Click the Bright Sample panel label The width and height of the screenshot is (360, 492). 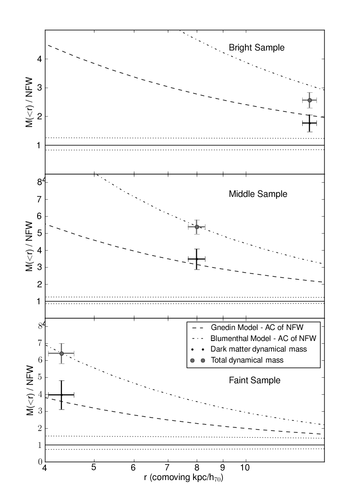[257, 48]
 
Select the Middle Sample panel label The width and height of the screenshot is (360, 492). [258, 194]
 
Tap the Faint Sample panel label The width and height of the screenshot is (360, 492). [255, 380]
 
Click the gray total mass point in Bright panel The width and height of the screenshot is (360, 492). [310, 100]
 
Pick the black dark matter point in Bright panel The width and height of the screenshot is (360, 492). [310, 123]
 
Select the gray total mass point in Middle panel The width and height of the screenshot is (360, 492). [197, 227]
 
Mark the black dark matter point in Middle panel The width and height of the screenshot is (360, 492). [197, 259]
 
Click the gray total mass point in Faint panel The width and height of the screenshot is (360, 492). [61, 353]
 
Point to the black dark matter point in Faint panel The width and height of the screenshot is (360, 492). [61, 394]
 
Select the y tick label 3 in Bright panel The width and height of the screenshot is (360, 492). [40, 88]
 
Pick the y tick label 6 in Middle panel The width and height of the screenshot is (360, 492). [40, 216]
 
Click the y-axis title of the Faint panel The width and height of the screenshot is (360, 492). [29, 390]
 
